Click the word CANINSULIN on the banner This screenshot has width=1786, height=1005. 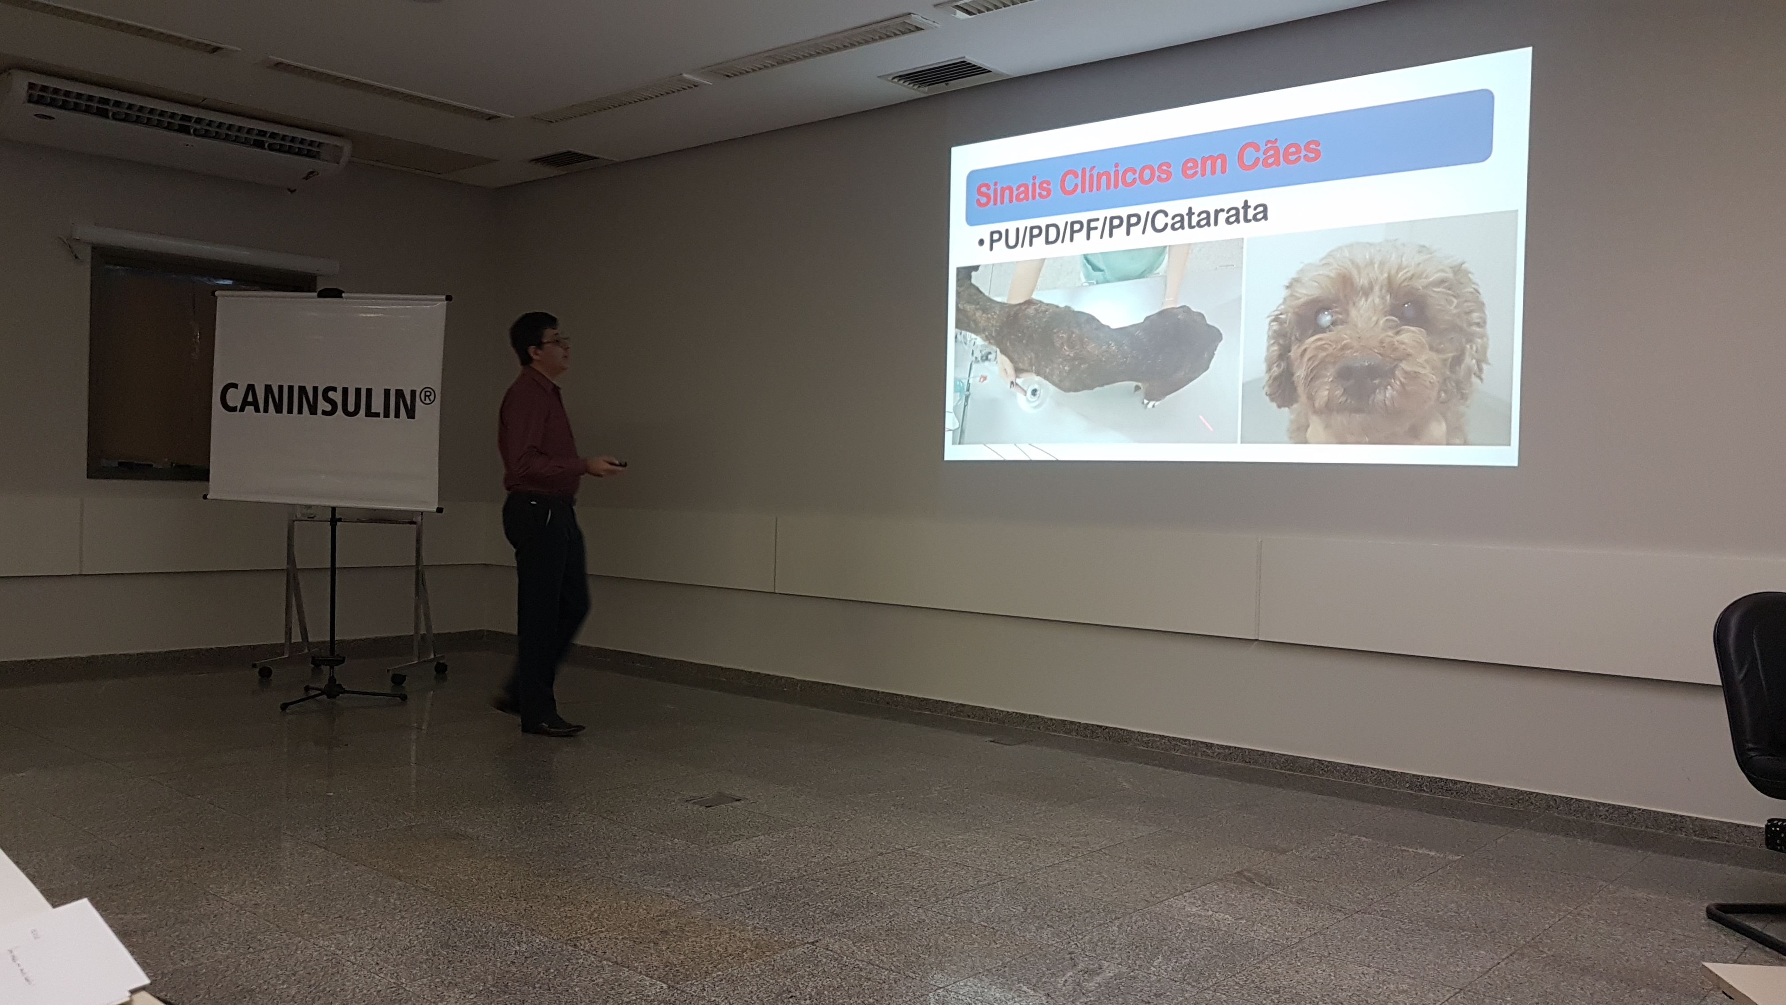point(318,400)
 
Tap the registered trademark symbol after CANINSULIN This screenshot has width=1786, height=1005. point(427,396)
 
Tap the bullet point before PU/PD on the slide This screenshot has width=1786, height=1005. point(980,243)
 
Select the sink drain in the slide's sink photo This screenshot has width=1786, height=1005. point(1033,393)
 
